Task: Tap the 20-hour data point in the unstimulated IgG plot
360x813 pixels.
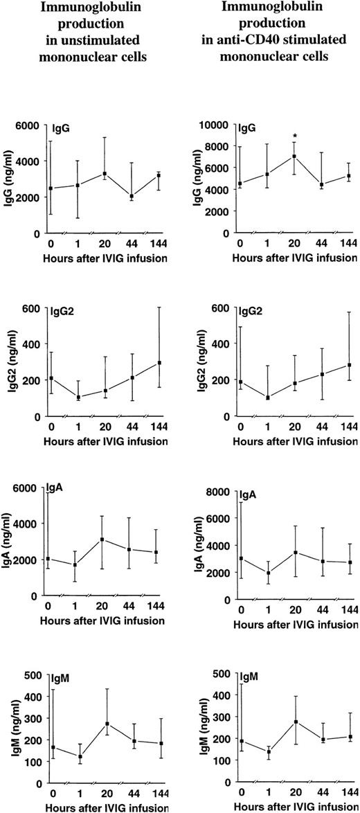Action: click(105, 174)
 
